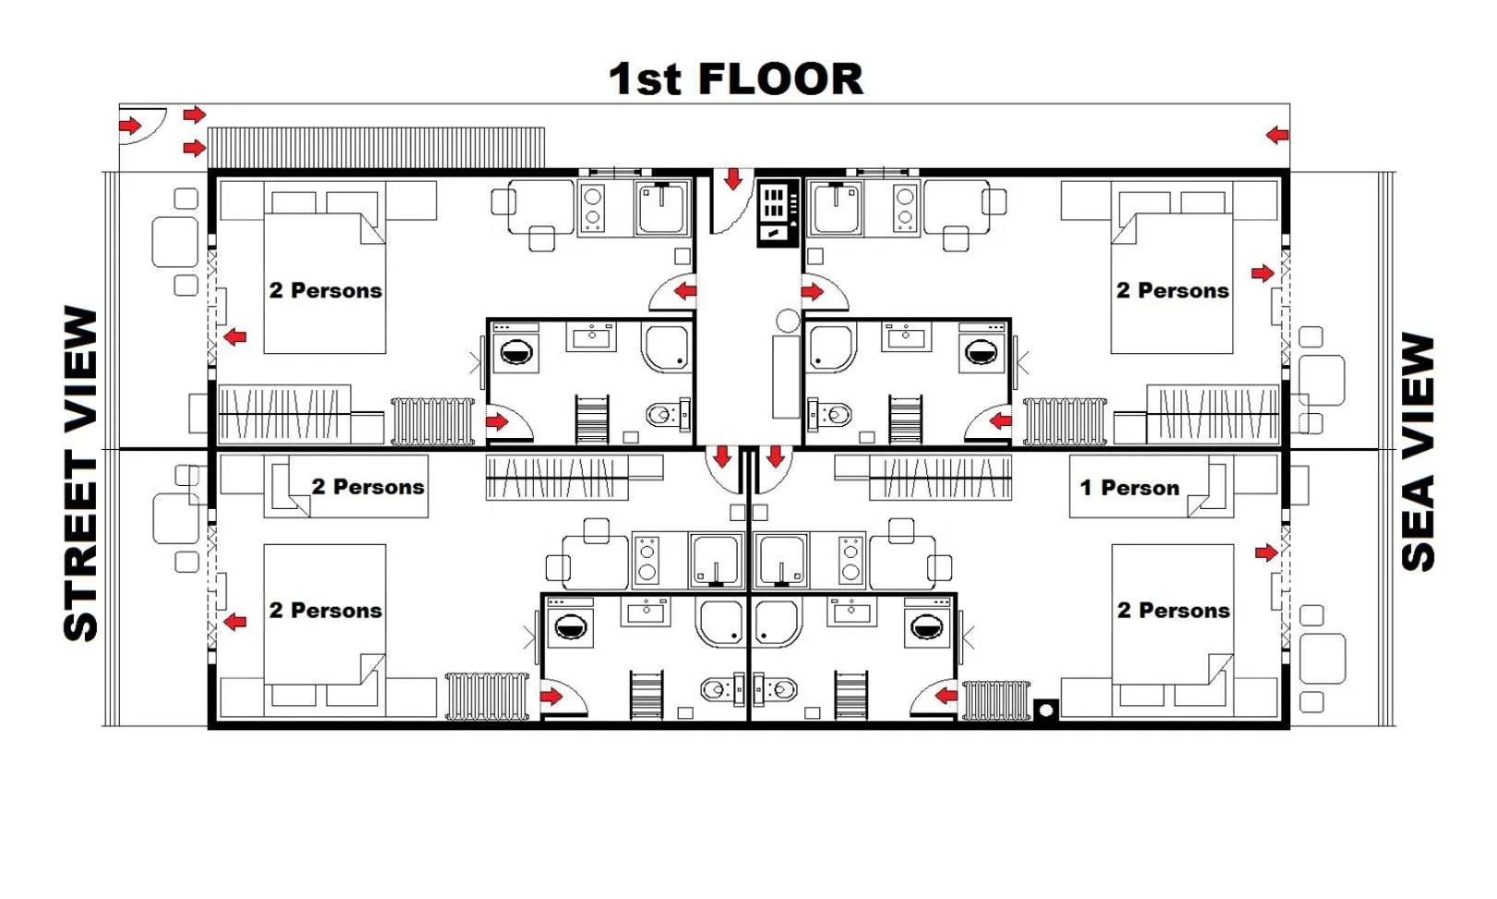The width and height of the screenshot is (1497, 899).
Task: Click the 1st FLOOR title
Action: click(735, 78)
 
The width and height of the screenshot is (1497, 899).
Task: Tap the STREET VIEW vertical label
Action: click(81, 473)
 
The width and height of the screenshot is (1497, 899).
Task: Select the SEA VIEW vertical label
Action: click(1418, 452)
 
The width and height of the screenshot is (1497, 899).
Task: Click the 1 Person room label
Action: click(1129, 488)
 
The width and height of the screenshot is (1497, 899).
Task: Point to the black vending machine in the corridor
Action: click(778, 212)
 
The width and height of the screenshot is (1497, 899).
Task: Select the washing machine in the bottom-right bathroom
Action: click(925, 624)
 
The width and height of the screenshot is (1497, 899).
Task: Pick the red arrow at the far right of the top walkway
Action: click(1277, 136)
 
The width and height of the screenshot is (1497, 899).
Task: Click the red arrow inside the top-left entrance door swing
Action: click(130, 125)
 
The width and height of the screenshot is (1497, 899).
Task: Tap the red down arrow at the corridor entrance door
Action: click(733, 179)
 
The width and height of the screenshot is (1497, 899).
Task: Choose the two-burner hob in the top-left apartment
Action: click(592, 208)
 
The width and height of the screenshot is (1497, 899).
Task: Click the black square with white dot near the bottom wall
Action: click(1045, 710)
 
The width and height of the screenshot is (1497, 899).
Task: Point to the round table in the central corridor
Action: click(788, 321)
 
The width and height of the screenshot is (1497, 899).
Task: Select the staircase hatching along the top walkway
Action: click(376, 148)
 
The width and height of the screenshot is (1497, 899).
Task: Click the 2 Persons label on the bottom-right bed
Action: click(1173, 610)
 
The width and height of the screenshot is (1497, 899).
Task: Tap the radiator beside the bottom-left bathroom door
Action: click(487, 695)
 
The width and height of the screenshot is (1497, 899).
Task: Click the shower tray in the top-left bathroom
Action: click(664, 347)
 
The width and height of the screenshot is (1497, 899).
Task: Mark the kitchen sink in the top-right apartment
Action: click(838, 208)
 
